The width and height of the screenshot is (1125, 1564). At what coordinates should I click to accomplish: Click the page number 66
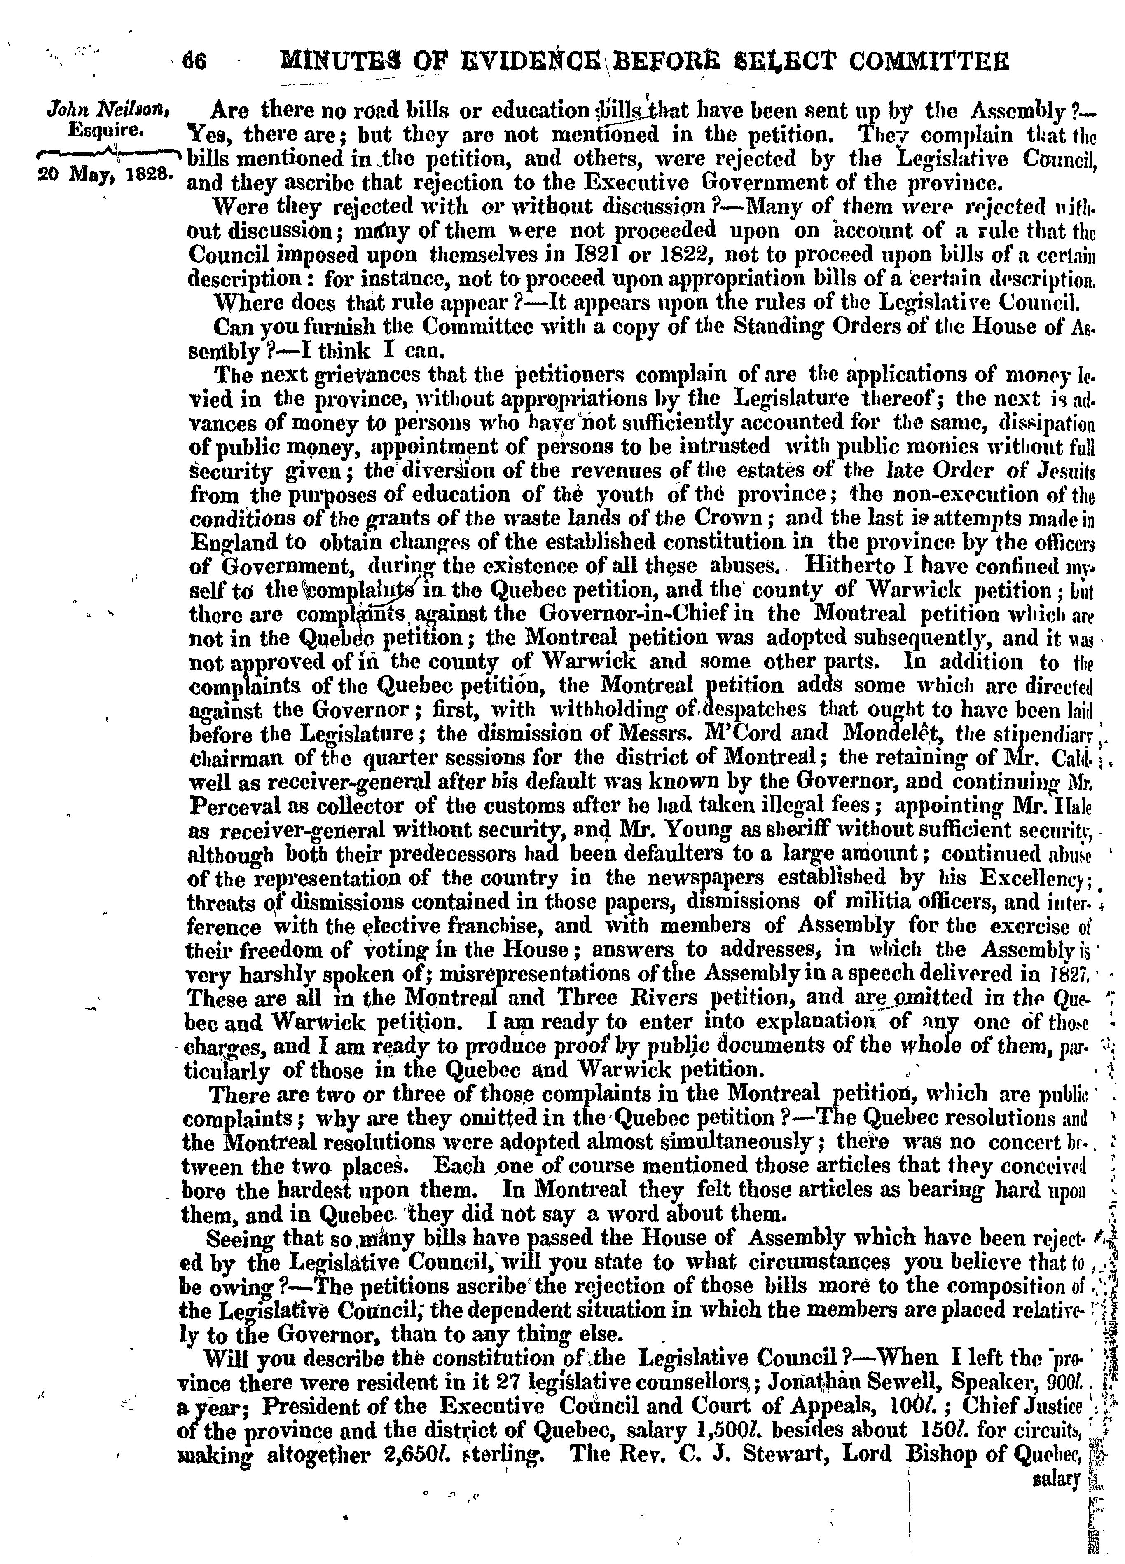coord(194,62)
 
